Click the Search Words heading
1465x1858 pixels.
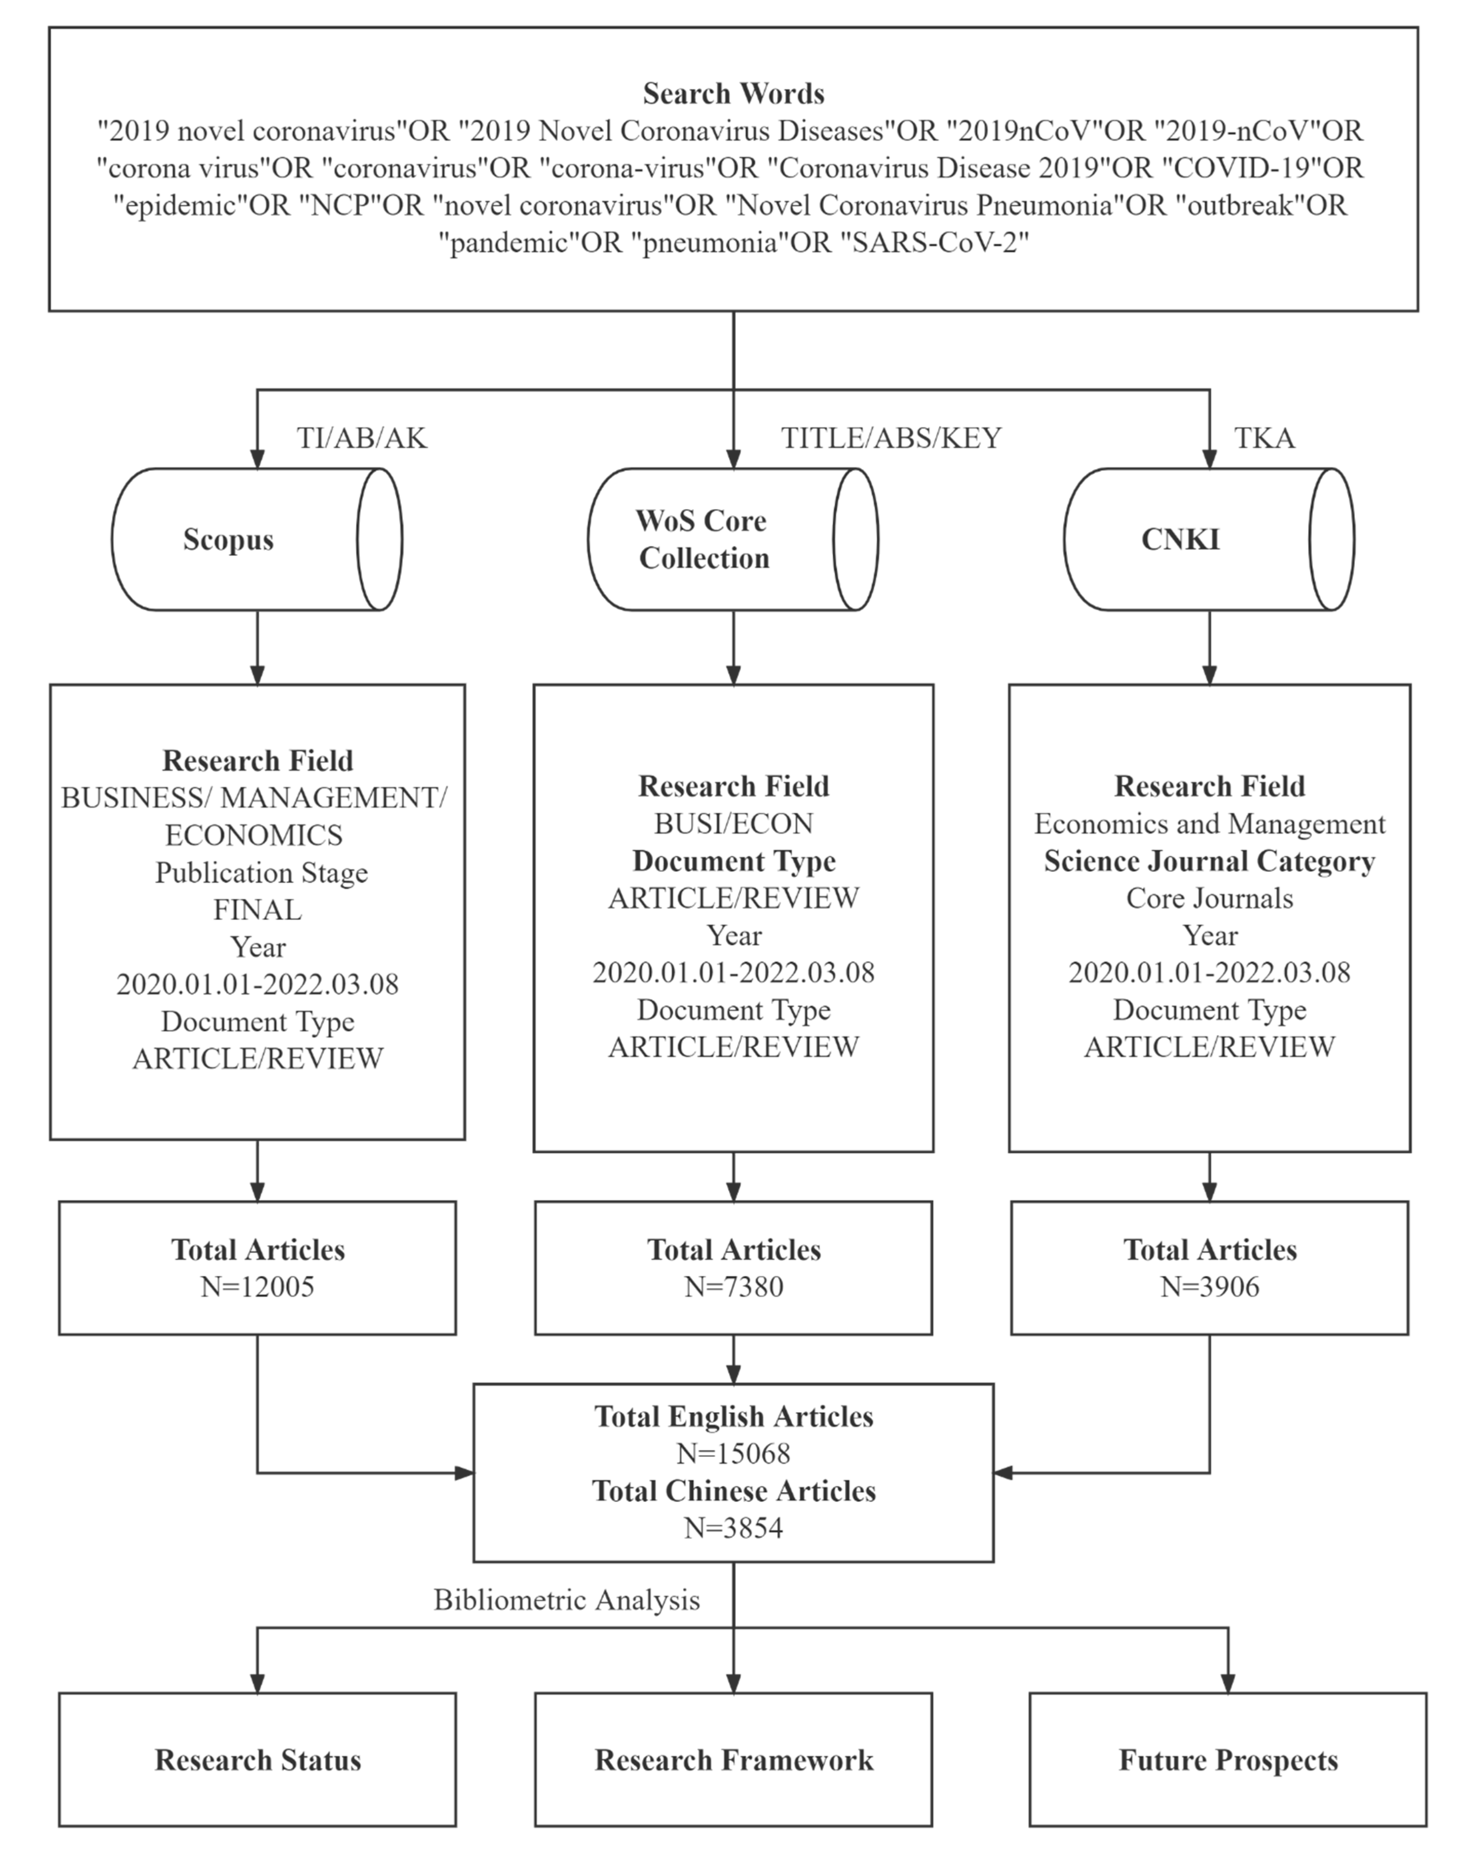733,93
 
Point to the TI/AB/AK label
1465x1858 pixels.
361,438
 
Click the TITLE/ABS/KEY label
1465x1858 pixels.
890,438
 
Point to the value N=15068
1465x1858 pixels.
733,1453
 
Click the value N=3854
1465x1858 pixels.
733,1528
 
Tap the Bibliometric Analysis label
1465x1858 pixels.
566,1600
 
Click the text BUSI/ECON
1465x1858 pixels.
733,823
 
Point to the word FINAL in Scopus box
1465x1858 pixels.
257,910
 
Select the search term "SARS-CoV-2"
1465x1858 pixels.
938,243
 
